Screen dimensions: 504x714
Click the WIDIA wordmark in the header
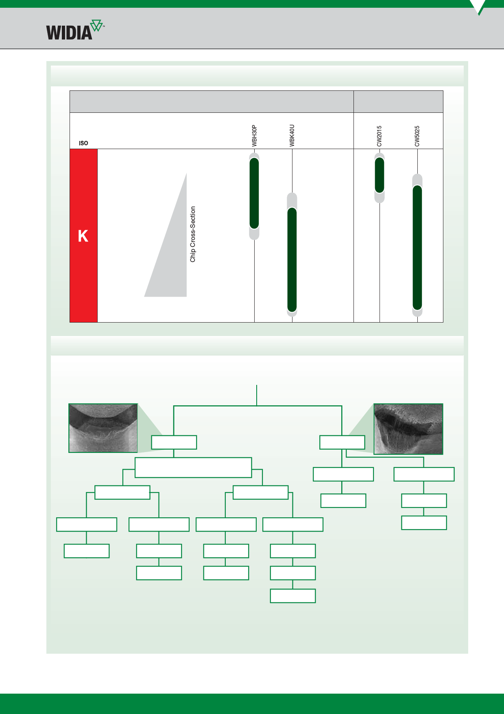[69, 33]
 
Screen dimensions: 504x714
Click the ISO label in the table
[83, 143]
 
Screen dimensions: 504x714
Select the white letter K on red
[83, 236]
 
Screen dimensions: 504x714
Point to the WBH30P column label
[254, 136]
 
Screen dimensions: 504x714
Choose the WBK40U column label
[292, 136]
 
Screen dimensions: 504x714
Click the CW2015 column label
[379, 136]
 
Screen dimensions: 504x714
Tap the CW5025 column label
[417, 136]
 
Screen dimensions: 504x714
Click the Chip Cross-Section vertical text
[193, 234]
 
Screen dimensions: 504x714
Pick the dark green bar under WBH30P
[254, 193]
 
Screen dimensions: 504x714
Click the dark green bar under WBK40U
[292, 260]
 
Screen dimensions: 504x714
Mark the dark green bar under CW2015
[380, 175]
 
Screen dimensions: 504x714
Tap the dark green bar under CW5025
[417, 248]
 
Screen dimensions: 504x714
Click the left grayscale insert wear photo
[103, 428]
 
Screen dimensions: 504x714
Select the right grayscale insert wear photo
[408, 429]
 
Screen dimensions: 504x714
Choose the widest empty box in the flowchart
[193, 468]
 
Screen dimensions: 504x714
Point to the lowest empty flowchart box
[293, 596]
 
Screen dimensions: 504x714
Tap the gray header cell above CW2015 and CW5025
[398, 101]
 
